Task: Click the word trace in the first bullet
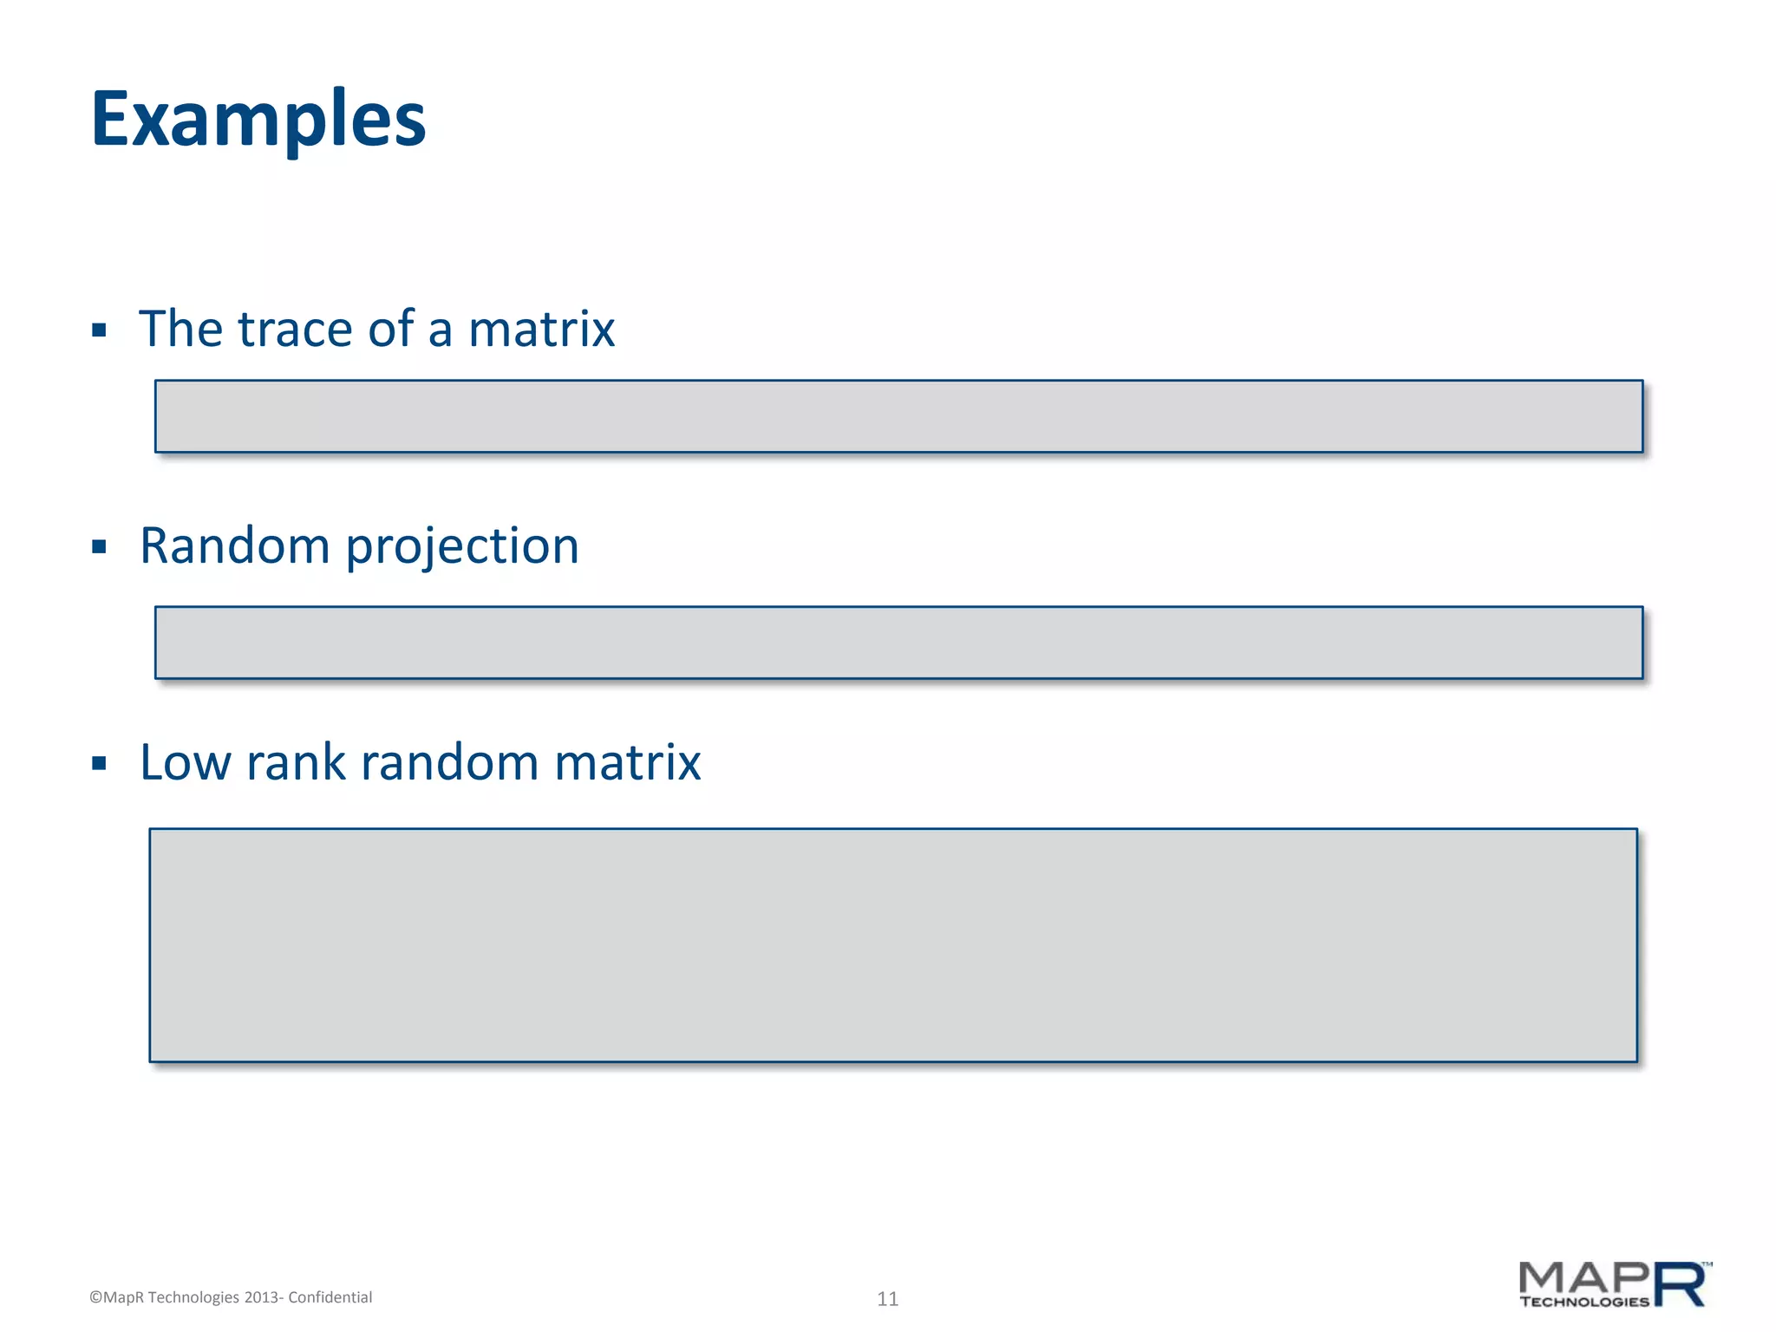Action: (x=295, y=330)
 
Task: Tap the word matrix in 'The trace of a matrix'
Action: (x=541, y=330)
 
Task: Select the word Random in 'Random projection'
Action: (x=234, y=546)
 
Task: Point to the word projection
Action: (x=462, y=548)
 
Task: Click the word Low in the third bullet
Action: (x=184, y=763)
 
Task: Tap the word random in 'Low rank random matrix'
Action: (x=449, y=763)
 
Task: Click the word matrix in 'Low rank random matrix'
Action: (x=627, y=763)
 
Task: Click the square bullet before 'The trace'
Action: (x=99, y=330)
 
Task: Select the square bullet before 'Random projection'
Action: (x=99, y=547)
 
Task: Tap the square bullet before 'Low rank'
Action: (x=99, y=764)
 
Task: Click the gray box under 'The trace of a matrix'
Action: (x=898, y=416)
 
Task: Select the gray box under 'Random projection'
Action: (x=898, y=643)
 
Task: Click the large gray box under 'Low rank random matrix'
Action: (x=893, y=945)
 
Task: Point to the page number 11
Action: (x=887, y=1298)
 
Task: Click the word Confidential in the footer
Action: (x=330, y=1297)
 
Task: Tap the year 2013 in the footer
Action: (x=261, y=1297)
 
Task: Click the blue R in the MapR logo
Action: (x=1681, y=1284)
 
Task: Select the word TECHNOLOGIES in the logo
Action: (x=1584, y=1302)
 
